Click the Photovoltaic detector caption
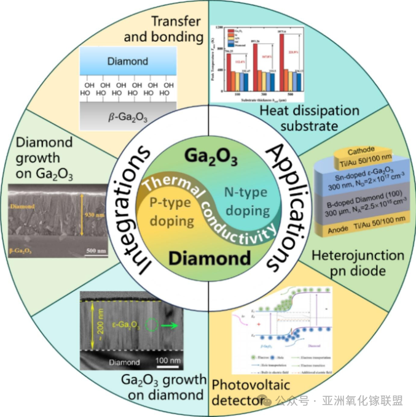coord(238,392)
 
